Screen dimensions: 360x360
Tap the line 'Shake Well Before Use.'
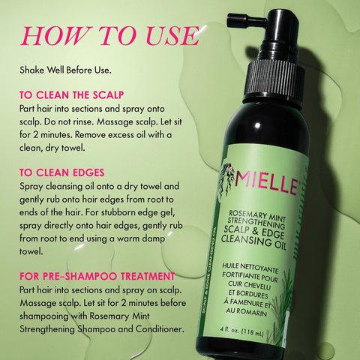[x=67, y=70]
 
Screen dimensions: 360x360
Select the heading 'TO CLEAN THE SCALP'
[x=73, y=96]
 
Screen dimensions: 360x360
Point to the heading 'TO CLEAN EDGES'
[x=62, y=172]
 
